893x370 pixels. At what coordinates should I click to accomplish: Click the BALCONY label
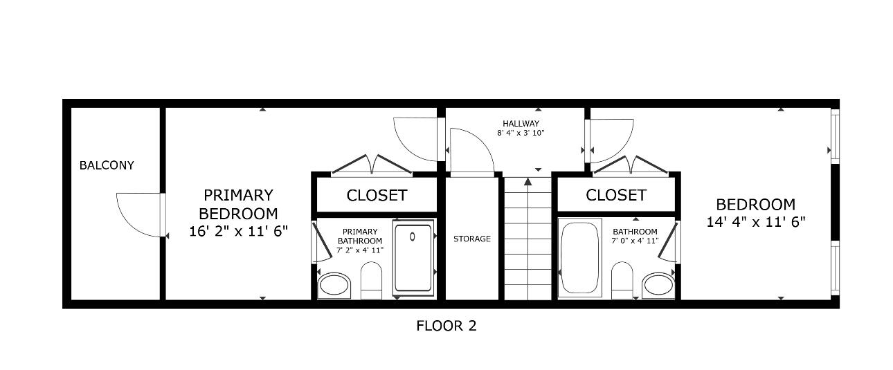coord(107,165)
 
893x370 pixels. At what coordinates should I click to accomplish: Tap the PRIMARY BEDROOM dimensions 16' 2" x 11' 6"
coord(238,232)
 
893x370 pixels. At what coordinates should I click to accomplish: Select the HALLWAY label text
coord(521,124)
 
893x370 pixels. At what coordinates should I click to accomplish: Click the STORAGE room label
coord(472,239)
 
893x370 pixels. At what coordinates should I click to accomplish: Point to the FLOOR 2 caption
coord(447,325)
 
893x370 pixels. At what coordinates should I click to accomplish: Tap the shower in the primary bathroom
coord(413,257)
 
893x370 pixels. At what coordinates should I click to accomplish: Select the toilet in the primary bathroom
coord(372,280)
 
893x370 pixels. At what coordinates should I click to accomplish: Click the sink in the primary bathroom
coord(334,284)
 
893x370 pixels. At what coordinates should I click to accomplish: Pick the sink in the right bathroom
coord(658,284)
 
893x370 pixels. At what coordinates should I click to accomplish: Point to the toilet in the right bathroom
coord(622,280)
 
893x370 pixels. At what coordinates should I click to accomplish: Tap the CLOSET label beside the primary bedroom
coord(377,196)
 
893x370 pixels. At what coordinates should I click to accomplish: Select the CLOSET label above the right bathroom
coord(616,196)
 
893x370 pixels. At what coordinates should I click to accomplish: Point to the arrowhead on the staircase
coord(527,182)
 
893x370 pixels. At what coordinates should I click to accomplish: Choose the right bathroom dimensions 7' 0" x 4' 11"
coord(635,241)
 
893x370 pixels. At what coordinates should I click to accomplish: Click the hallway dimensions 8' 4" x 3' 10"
coord(521,133)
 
